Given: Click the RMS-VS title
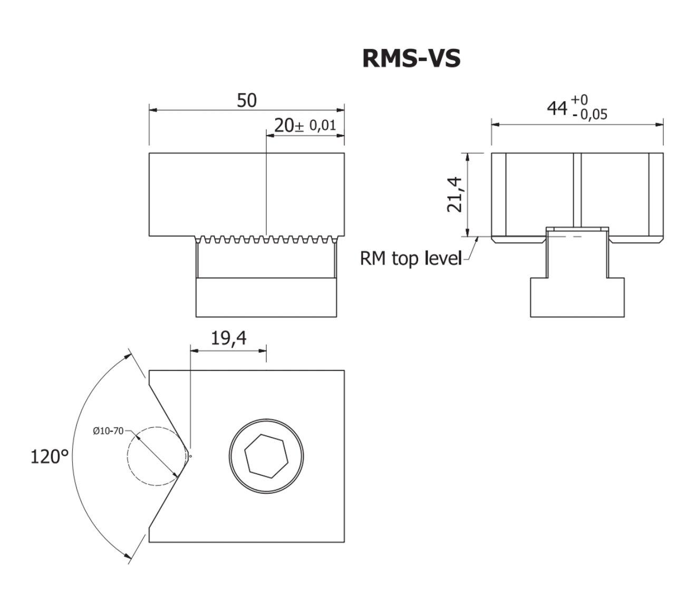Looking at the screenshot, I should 411,59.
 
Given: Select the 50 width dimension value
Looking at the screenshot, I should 247,100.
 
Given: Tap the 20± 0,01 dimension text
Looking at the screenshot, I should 305,126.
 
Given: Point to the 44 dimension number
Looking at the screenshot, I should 557,108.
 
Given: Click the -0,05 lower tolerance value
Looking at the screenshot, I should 589,114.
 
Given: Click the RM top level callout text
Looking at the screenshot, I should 411,258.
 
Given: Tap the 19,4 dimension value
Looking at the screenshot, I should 229,338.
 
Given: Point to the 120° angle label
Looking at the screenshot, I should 50,456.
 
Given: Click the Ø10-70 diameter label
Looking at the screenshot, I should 108,431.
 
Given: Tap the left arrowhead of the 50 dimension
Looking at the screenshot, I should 153,110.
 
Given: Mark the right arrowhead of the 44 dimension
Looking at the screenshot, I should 659,124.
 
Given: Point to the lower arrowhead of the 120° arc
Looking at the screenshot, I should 127,554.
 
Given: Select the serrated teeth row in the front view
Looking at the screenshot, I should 266,239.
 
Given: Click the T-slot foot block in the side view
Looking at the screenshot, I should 577,298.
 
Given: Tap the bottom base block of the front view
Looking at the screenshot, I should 266,298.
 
